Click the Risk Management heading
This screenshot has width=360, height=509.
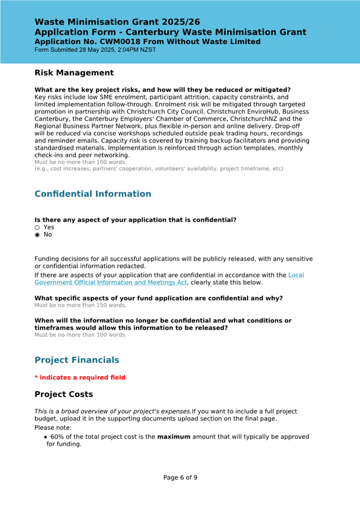pos(74,73)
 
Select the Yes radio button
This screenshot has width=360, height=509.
pos(37,227)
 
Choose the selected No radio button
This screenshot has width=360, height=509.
pos(37,235)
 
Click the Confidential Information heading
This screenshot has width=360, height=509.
pos(93,194)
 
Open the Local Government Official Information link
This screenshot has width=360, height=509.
pos(111,282)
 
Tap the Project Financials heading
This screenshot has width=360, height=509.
pos(77,360)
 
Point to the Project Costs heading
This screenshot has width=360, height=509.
pos(63,394)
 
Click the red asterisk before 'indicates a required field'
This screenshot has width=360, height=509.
pos(36,377)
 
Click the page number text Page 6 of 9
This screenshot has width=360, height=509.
pos(180,478)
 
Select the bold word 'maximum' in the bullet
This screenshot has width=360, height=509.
pos(173,437)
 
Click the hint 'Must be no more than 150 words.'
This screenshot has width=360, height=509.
pos(81,305)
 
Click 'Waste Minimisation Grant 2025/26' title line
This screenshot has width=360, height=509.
pos(117,22)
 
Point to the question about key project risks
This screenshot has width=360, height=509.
pos(163,90)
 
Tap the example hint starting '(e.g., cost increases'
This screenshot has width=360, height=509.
pos(159,169)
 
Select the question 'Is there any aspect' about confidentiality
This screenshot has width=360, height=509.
pos(135,220)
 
